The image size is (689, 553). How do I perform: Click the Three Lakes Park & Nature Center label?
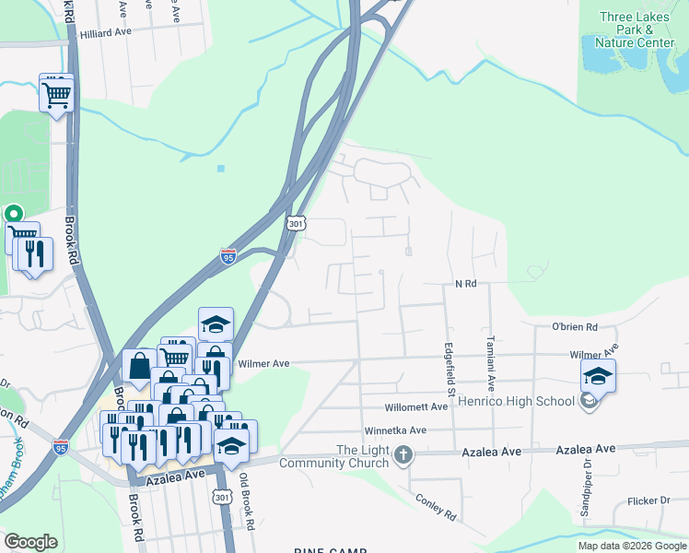point(636,30)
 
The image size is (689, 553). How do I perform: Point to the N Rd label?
point(465,284)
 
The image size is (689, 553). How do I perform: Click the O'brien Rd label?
point(575,327)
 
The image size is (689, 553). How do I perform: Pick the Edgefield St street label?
point(450,371)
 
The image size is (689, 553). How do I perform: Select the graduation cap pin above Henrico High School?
point(598,376)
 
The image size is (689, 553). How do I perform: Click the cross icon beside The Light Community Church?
point(404,455)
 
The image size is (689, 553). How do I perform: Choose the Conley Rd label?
point(436,505)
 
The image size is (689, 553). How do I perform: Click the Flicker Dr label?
point(648,501)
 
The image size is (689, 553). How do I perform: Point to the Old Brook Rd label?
point(246,501)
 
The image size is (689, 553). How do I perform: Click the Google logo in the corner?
point(30,542)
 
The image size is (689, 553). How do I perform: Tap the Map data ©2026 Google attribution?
point(632,546)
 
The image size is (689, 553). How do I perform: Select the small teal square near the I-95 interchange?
point(221,168)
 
